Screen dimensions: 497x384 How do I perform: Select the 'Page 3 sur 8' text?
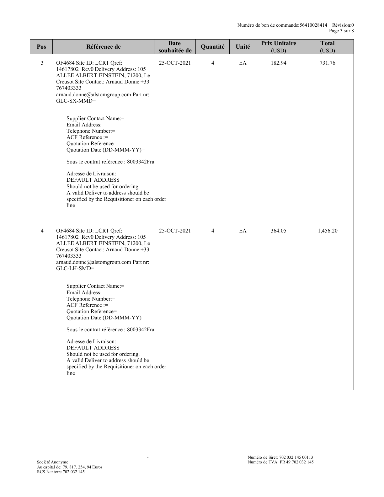click(x=341, y=31)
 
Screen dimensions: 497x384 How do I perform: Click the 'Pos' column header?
click(x=41, y=47)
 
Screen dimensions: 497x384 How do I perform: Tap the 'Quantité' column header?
click(x=212, y=47)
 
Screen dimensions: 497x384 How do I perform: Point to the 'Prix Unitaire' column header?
click(x=278, y=44)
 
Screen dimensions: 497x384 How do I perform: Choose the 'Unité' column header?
click(x=243, y=47)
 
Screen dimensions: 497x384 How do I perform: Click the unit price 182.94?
click(x=278, y=63)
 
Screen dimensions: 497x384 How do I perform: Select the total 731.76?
click(x=327, y=63)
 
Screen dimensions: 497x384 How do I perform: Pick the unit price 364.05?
click(x=278, y=231)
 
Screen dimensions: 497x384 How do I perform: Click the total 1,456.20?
click(x=327, y=231)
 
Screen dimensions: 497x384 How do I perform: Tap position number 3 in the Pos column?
click(x=42, y=63)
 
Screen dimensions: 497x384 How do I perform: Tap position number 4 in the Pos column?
click(x=42, y=231)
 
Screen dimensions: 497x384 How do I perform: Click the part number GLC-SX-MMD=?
click(x=76, y=101)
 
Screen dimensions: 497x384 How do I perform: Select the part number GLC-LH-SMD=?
click(x=75, y=269)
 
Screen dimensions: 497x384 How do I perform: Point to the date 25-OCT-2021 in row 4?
click(x=175, y=231)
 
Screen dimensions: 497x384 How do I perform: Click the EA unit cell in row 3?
click(x=243, y=63)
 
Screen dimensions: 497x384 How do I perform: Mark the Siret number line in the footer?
click(x=280, y=457)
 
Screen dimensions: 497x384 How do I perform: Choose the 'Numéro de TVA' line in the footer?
click(x=280, y=462)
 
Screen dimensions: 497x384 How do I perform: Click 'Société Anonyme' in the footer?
click(x=52, y=462)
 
